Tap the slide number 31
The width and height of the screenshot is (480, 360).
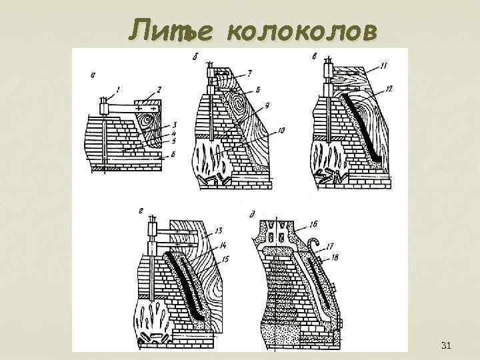pyautogui.click(x=447, y=345)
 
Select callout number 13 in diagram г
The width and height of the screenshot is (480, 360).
pyautogui.click(x=220, y=231)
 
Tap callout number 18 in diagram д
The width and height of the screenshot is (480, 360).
pyautogui.click(x=334, y=256)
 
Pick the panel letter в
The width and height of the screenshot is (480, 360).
pyautogui.click(x=314, y=58)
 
